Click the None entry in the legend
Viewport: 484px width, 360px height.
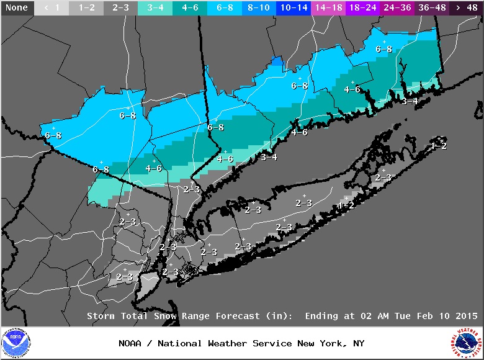[x=17, y=8]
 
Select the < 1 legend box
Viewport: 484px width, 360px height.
[x=52, y=8]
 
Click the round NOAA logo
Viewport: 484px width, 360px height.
[x=16, y=343]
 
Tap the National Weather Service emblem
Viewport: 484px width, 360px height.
[x=467, y=343]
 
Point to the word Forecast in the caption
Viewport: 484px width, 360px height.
[x=238, y=316]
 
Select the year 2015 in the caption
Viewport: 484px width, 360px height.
[x=467, y=316]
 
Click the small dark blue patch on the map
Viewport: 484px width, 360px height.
[x=277, y=61]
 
